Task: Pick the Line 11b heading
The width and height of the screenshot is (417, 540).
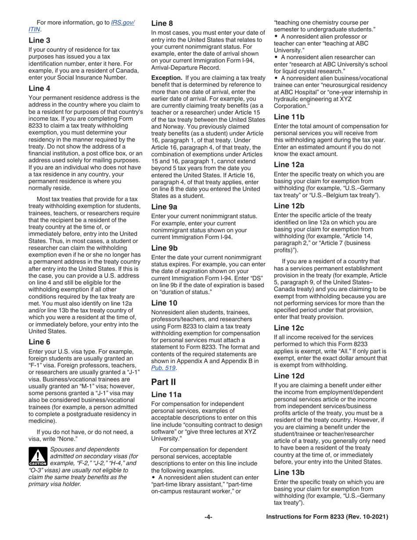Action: tap(288, 117)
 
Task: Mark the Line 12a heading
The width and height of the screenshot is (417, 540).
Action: tap(288, 165)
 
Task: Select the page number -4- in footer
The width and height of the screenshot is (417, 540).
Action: tap(208, 518)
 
